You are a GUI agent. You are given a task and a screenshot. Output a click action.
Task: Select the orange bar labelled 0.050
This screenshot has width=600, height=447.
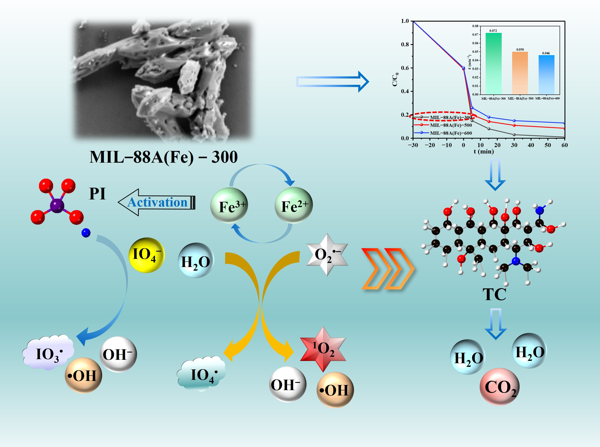(520, 73)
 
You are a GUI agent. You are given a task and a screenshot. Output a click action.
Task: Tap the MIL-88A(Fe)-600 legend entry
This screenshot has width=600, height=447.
(451, 133)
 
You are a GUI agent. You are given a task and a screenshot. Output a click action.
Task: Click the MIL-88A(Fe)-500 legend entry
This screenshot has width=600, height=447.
(451, 125)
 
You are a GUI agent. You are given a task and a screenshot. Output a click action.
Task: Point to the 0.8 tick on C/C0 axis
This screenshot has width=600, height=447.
(405, 44)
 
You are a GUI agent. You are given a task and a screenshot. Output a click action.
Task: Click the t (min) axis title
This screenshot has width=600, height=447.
(484, 152)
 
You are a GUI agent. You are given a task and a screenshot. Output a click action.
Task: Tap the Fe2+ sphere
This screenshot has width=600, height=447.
(294, 205)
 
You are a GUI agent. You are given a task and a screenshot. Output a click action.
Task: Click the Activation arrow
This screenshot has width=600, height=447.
(157, 202)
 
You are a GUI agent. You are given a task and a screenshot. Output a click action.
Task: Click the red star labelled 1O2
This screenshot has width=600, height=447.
(323, 349)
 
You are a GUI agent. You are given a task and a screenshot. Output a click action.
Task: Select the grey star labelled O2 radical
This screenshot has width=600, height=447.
(327, 255)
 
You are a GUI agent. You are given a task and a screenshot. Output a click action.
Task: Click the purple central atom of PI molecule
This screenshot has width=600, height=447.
(57, 206)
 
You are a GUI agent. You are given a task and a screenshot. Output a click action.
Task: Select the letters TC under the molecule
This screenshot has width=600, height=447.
(494, 294)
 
